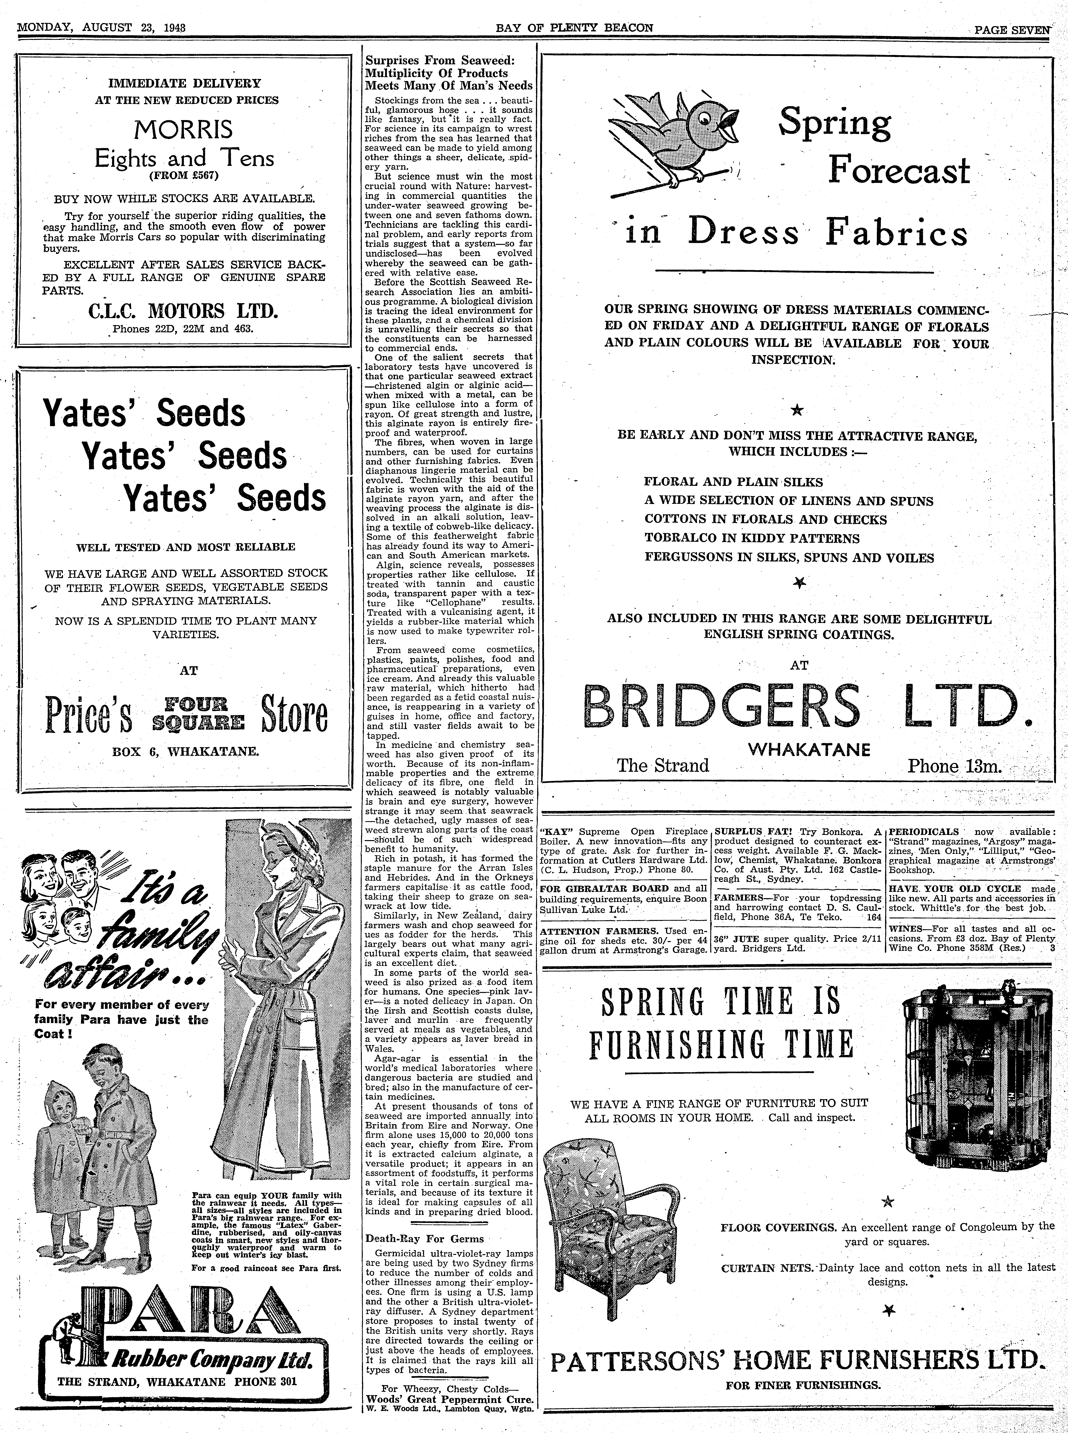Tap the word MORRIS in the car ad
point(184,131)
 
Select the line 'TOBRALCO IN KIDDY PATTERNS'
point(752,539)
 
